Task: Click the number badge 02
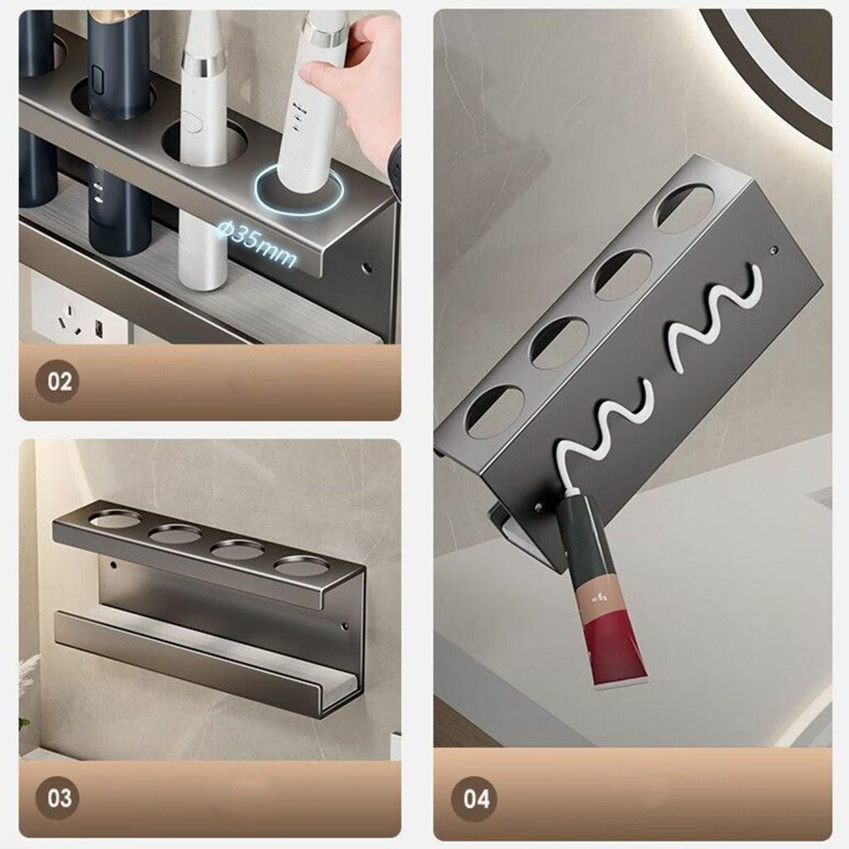[x=58, y=381]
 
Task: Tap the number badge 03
[x=58, y=798]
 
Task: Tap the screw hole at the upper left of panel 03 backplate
[x=114, y=565]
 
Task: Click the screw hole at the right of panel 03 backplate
[x=343, y=628]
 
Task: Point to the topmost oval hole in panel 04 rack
[x=685, y=208]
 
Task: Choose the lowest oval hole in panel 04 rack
[x=495, y=411]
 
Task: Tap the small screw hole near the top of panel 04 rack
[x=774, y=250]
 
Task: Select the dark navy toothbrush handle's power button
[x=98, y=79]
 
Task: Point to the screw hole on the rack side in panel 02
[x=366, y=268]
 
